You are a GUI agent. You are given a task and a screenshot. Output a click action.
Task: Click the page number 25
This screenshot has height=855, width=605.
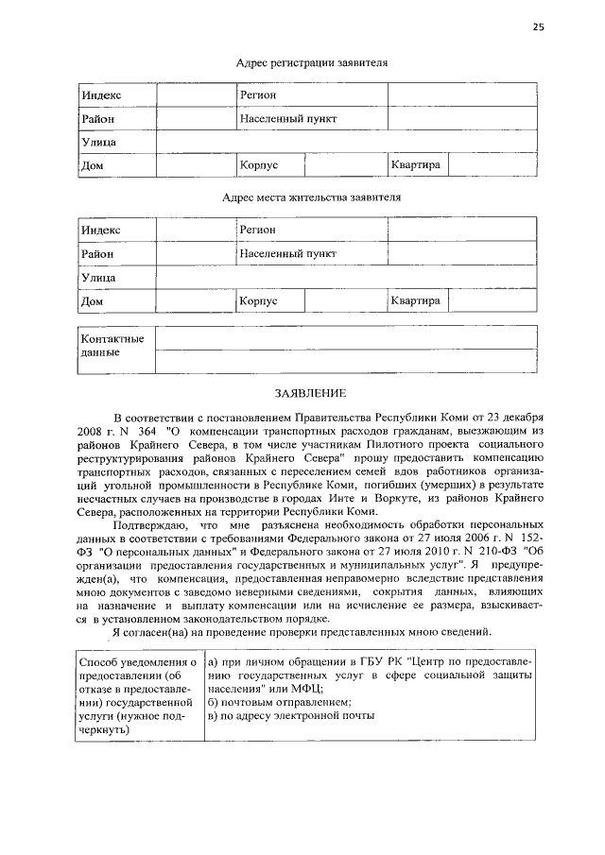pos(538,27)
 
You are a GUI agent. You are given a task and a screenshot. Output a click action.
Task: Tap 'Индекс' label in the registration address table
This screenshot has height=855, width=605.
pos(101,96)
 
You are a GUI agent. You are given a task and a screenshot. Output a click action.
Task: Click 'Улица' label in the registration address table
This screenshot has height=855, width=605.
pos(98,142)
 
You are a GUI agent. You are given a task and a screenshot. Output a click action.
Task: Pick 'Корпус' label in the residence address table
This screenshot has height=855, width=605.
pos(259,300)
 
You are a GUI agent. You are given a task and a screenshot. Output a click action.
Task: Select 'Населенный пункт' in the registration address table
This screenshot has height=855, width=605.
pos(288,119)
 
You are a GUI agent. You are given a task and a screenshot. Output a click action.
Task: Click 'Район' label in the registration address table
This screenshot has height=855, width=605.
pos(97,119)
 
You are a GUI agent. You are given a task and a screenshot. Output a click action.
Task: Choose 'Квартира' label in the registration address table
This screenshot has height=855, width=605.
pos(416,165)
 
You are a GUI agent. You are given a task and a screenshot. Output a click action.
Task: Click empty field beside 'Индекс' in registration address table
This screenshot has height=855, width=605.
pos(196,96)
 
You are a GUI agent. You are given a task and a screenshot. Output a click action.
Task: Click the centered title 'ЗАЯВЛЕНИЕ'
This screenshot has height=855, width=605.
pos(307,392)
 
